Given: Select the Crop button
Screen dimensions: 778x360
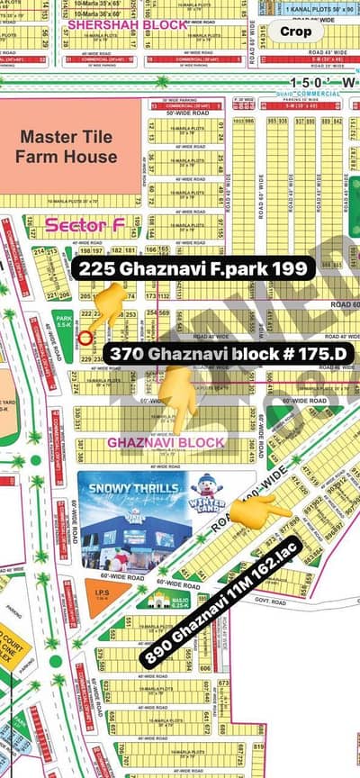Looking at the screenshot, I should click(x=296, y=32).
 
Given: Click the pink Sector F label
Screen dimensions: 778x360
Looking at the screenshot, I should click(x=77, y=225).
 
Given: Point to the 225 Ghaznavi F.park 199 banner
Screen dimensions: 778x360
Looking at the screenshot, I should click(x=193, y=268).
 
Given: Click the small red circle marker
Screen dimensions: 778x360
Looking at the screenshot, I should click(x=85, y=339).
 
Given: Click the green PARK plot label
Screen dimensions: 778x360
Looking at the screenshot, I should click(x=64, y=319).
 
